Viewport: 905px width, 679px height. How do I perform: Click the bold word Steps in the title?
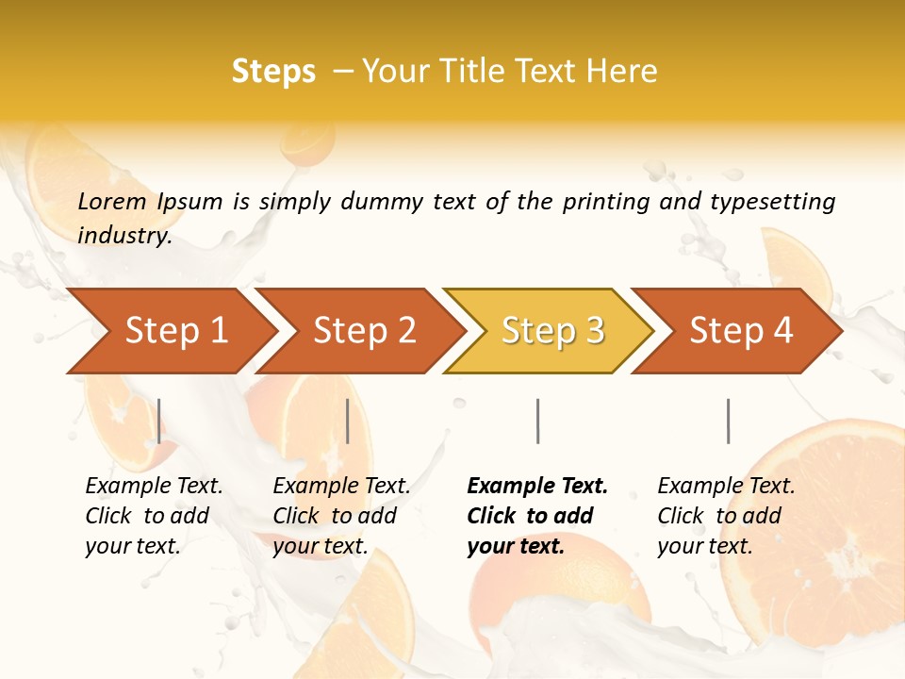pyautogui.click(x=273, y=72)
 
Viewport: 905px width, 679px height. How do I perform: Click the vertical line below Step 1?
pyautogui.click(x=159, y=421)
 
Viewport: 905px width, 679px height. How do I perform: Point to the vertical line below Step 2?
pyautogui.click(x=348, y=421)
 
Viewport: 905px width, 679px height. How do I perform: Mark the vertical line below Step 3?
pyautogui.click(x=537, y=421)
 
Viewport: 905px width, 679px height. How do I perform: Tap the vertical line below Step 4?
pyautogui.click(x=728, y=421)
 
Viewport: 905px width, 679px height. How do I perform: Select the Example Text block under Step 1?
pyautogui.click(x=154, y=516)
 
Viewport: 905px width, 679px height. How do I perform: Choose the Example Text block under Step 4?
pyautogui.click(x=726, y=516)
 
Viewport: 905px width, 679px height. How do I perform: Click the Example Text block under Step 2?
pyautogui.click(x=341, y=516)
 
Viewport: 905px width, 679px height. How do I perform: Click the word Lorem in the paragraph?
pyautogui.click(x=112, y=202)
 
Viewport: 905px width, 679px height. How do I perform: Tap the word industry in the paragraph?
pyautogui.click(x=123, y=236)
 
